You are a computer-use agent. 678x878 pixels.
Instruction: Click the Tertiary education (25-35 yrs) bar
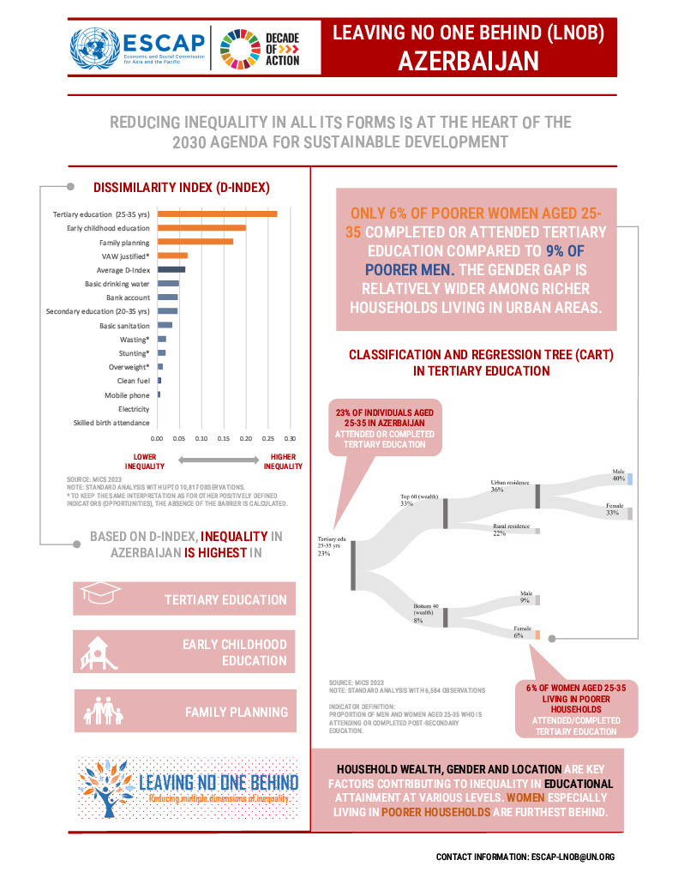[x=216, y=213]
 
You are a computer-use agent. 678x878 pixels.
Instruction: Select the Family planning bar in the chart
[x=195, y=242]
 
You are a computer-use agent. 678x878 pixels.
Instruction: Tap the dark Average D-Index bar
[x=171, y=269]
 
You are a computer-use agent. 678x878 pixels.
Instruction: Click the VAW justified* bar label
[x=124, y=256]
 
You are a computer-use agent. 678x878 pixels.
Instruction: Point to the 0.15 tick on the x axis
[x=224, y=437]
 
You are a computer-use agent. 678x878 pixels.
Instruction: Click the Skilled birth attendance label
[x=111, y=423]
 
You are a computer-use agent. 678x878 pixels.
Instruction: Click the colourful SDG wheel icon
[x=237, y=48]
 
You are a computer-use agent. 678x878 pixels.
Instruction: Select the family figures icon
[x=102, y=710]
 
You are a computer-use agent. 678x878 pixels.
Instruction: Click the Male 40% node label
[x=618, y=476]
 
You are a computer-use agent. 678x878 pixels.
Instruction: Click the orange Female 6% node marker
[x=537, y=636]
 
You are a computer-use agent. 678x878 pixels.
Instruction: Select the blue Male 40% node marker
[x=629, y=478]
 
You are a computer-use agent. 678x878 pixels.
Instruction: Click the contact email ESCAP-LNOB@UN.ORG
[x=572, y=857]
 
